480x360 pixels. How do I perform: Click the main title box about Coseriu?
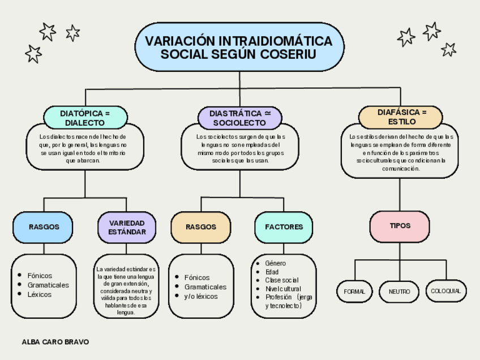coord(239,48)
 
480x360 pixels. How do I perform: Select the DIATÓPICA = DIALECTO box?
coord(85,118)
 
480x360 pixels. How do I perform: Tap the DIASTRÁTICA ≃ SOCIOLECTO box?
coord(239,118)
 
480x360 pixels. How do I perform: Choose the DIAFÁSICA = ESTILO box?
coord(402,117)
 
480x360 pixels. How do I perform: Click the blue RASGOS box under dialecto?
coord(44,226)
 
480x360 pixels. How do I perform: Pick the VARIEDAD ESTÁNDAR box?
coord(127,227)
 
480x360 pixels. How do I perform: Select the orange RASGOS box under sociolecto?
coord(201,226)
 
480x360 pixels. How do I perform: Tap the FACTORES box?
coord(284,226)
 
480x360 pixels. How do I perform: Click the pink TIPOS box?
coord(400,226)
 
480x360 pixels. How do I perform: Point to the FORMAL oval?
coord(355,292)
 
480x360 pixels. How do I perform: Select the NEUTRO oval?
coord(399,292)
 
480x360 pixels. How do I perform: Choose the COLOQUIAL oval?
coord(445,291)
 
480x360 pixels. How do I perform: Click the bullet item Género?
coord(276,263)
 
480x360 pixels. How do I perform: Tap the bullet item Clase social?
coord(281,280)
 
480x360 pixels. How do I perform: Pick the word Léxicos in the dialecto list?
coord(40,294)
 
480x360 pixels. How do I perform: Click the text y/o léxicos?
coord(200,296)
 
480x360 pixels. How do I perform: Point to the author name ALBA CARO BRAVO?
coord(55,342)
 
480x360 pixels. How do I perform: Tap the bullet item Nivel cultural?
coord(283,289)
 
